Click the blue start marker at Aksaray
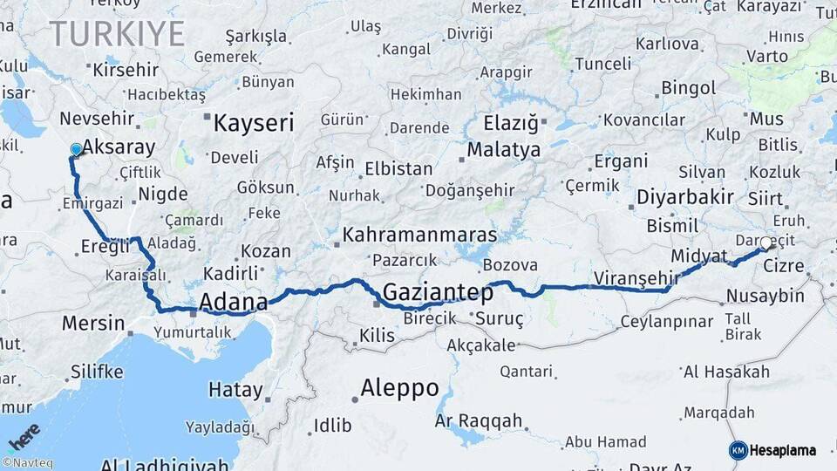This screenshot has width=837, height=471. point(76,149)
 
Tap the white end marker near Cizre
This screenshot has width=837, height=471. point(766,243)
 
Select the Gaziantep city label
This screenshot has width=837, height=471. point(432,292)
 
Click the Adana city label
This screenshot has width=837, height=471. point(234,303)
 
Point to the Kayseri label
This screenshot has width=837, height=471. point(254,122)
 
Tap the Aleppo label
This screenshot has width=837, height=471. point(399,388)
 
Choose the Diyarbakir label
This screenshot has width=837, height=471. point(684,196)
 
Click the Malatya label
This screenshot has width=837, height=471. point(503,150)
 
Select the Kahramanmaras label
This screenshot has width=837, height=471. point(419,235)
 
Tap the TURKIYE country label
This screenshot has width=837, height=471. point(117,34)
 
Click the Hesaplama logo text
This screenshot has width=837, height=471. point(782,450)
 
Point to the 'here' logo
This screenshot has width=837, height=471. point(24,435)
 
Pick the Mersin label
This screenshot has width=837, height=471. point(93,324)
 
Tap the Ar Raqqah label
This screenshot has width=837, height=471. point(472,421)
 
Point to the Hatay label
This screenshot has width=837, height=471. point(235,390)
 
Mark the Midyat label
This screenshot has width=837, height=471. point(699,256)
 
